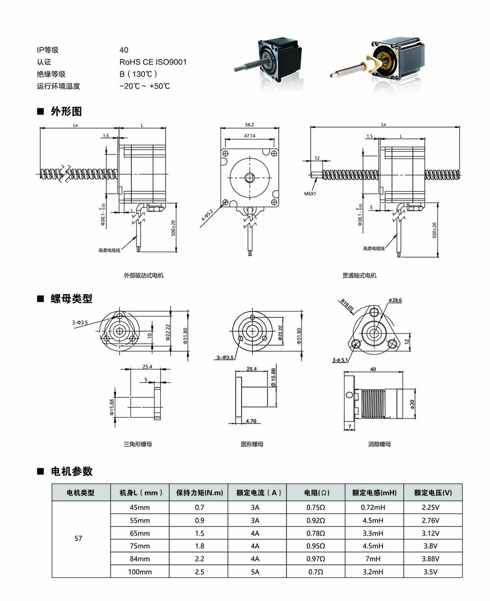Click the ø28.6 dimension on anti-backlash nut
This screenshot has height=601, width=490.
[x=395, y=300]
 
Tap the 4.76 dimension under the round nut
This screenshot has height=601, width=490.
[x=251, y=421]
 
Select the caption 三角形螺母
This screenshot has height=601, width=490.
[x=138, y=444]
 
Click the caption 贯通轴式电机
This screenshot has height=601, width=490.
[x=360, y=276]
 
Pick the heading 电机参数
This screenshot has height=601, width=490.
[x=72, y=471]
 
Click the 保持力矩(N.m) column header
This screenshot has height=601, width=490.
[x=199, y=493]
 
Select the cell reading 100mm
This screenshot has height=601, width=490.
[x=140, y=572]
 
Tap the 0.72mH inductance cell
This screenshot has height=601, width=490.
[x=374, y=508]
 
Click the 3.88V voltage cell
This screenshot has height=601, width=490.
[x=433, y=559]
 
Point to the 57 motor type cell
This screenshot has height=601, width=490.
[x=78, y=538]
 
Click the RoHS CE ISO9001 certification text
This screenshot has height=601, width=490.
[x=153, y=62]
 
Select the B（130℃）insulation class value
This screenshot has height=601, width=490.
[x=139, y=74]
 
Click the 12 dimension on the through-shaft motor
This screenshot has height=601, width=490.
[x=317, y=158]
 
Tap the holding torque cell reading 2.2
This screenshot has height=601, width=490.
[x=199, y=559]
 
